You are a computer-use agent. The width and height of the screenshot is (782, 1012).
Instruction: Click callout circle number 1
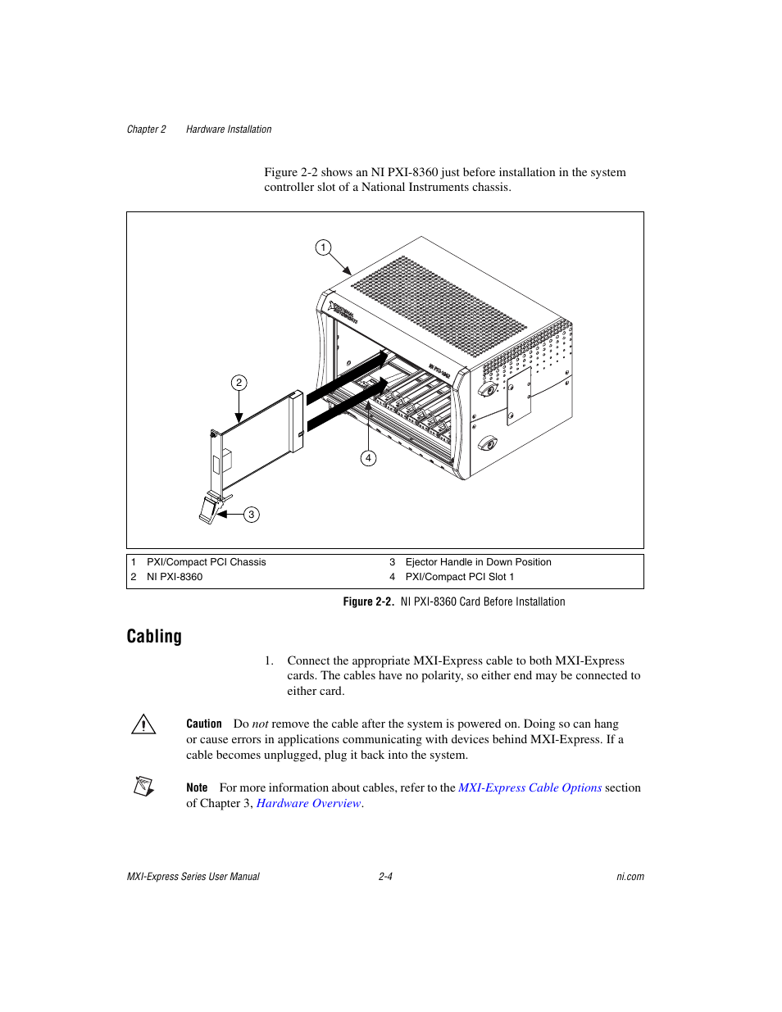(x=323, y=247)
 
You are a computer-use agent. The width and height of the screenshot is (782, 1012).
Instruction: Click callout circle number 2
(x=239, y=383)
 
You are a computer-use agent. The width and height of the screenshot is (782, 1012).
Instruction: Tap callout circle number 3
(x=251, y=515)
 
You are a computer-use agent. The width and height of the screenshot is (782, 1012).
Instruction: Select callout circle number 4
(x=368, y=458)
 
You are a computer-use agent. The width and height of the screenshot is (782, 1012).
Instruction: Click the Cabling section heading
(x=154, y=637)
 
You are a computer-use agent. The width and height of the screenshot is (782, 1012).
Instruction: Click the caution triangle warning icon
(x=143, y=724)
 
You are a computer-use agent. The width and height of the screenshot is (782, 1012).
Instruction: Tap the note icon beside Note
(x=143, y=787)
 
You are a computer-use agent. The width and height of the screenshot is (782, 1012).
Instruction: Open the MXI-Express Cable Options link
(x=530, y=787)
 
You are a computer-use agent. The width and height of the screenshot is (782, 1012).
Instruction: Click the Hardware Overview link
(x=308, y=803)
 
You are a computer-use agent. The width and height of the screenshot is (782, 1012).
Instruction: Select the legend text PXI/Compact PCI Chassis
(x=206, y=562)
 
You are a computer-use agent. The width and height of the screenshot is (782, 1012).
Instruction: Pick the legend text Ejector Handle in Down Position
(x=478, y=562)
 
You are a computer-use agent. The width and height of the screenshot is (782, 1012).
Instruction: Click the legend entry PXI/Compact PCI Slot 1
(x=459, y=577)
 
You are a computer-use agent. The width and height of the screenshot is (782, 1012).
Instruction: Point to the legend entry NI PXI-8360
(x=175, y=577)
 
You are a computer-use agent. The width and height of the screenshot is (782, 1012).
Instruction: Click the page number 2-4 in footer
(x=385, y=877)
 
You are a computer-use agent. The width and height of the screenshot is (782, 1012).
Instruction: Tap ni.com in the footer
(x=630, y=877)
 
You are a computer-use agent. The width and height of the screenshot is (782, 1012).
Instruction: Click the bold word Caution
(x=204, y=724)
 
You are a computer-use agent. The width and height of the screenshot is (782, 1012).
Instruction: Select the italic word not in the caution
(x=260, y=724)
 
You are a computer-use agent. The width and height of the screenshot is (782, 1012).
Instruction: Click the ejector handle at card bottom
(x=208, y=510)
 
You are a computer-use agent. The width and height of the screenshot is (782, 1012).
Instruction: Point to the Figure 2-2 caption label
(x=368, y=601)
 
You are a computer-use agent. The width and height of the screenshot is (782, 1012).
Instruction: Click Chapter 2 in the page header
(x=147, y=129)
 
